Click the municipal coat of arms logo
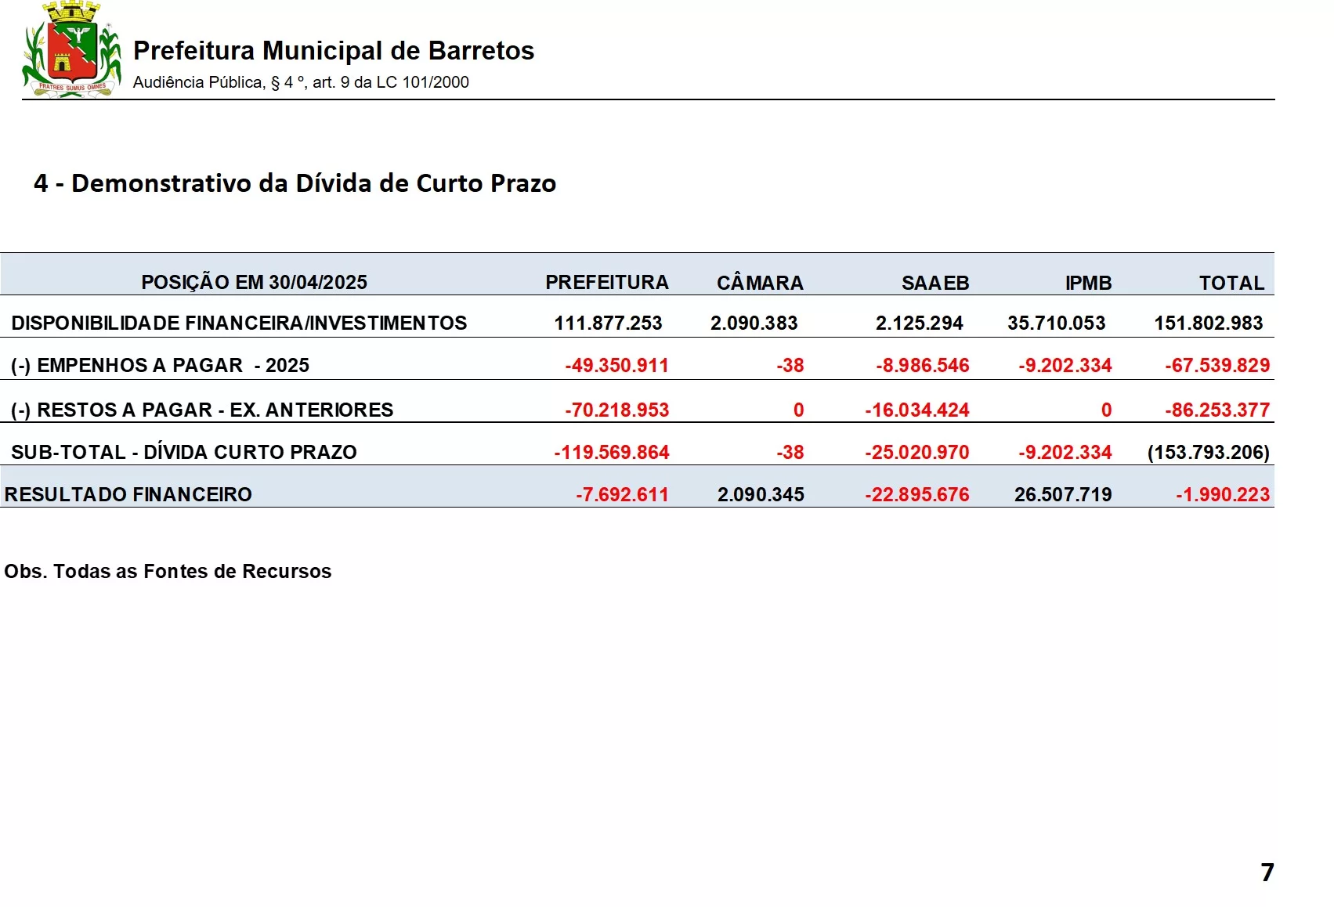pos(71,49)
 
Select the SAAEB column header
pos(935,283)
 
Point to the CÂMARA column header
pos(759,283)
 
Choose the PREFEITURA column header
pos(606,283)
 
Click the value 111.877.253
pos(608,323)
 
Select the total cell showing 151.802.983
pos(1208,323)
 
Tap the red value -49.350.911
pos(616,365)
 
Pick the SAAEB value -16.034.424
pos(916,410)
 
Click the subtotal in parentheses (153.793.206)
pos(1208,452)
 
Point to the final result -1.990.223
pos(1222,494)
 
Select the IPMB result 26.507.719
pos(1062,494)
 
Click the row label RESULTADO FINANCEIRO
pos(128,494)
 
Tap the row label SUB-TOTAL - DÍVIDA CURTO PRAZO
pos(184,452)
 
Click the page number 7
pos(1267,872)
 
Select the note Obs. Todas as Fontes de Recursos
pos(168,571)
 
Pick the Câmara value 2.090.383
pos(754,323)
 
